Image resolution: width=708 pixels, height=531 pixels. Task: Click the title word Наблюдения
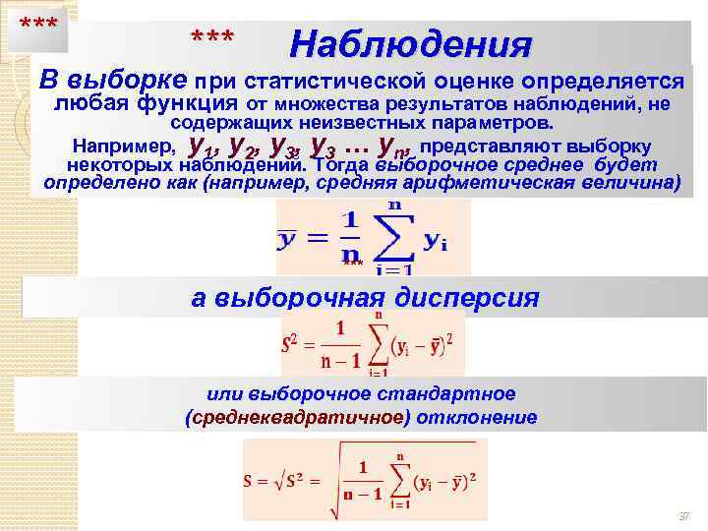411,45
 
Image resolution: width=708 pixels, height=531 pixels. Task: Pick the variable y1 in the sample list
204,147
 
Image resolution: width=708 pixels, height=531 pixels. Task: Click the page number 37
684,516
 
